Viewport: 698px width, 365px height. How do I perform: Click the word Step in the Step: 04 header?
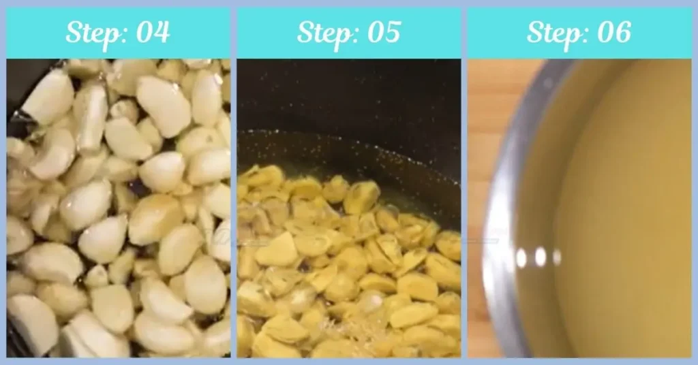click(91, 33)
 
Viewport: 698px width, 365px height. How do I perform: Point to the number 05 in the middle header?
click(382, 32)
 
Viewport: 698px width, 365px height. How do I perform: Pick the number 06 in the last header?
click(613, 32)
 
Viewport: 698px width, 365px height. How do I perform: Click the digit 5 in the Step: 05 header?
click(391, 32)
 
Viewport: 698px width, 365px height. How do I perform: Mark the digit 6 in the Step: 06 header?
click(622, 32)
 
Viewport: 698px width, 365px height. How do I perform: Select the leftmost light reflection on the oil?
click(521, 257)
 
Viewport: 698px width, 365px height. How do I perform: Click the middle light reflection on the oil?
click(541, 257)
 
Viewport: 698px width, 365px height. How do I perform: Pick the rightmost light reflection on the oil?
click(557, 257)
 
